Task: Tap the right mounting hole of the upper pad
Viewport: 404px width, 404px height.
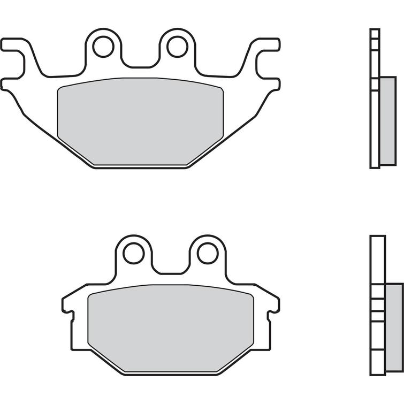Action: click(176, 46)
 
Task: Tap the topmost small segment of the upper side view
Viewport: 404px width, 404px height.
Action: click(375, 33)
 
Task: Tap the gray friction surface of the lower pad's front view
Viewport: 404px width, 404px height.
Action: click(170, 327)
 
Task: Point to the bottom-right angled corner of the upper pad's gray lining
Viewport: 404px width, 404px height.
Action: click(206, 153)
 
